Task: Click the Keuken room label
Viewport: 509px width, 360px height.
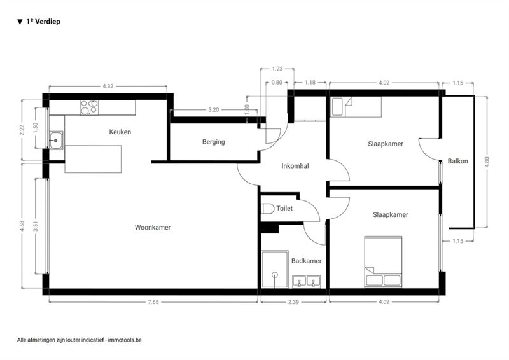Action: pos(120,132)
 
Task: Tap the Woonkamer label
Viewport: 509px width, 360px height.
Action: pos(153,228)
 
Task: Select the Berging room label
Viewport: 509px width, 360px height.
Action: pos(214,142)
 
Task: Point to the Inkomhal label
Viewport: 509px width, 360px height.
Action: pos(295,166)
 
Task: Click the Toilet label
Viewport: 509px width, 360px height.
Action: pos(284,209)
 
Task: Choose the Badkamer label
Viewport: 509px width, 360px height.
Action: pos(307,261)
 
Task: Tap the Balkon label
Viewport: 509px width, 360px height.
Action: pos(457,161)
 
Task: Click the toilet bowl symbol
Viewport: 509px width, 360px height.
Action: pos(268,209)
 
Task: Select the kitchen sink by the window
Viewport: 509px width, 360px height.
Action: pos(56,140)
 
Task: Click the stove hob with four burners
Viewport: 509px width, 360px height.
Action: pos(89,107)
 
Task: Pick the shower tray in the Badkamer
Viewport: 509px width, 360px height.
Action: pos(275,269)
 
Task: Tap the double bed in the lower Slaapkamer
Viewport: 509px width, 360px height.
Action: pos(384,261)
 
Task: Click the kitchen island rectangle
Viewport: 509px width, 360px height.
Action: pos(93,159)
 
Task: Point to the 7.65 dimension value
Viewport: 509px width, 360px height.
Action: pos(153,302)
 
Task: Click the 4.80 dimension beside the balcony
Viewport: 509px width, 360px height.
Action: pos(487,162)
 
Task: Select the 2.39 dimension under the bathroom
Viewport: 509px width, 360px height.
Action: pos(293,302)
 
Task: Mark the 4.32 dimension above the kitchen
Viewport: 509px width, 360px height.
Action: pos(108,86)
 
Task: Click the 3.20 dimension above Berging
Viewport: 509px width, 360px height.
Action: pos(214,110)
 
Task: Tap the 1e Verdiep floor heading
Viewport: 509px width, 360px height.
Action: pos(43,22)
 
